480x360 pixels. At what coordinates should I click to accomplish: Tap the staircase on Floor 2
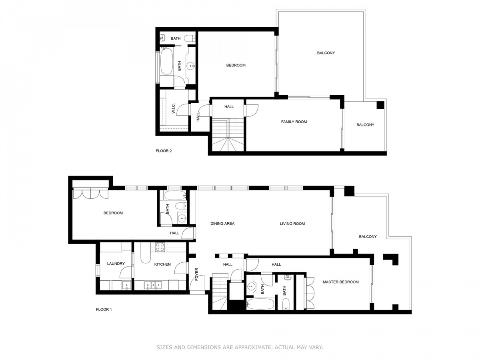click(x=228, y=135)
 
